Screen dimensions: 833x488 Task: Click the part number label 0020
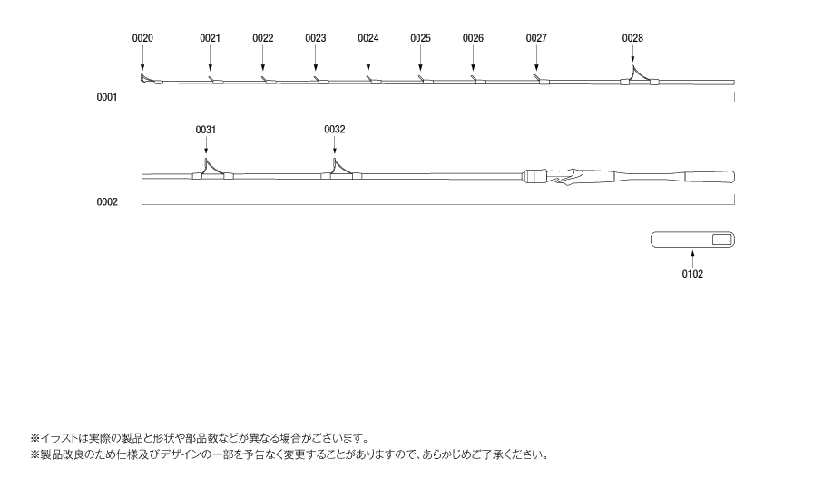point(142,38)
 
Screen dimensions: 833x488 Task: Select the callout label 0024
point(368,38)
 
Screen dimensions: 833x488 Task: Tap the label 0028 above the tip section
point(632,38)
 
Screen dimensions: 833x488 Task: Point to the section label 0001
point(107,97)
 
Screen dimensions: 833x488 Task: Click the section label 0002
point(107,201)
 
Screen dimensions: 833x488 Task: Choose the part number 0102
point(692,274)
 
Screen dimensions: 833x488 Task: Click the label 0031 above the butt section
point(206,130)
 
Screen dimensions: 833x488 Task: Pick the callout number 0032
point(335,130)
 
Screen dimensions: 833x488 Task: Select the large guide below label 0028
point(639,76)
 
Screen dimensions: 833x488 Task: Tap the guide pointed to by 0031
point(212,170)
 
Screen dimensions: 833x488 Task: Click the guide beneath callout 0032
point(341,170)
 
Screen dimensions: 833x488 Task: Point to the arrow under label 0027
point(536,58)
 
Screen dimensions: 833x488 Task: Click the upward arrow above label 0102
point(692,259)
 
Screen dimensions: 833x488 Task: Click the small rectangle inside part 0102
point(722,239)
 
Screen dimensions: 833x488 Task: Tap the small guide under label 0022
point(269,80)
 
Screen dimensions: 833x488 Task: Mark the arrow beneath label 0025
point(421,58)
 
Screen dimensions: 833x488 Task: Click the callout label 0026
point(473,38)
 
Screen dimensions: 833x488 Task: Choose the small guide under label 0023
point(321,80)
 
